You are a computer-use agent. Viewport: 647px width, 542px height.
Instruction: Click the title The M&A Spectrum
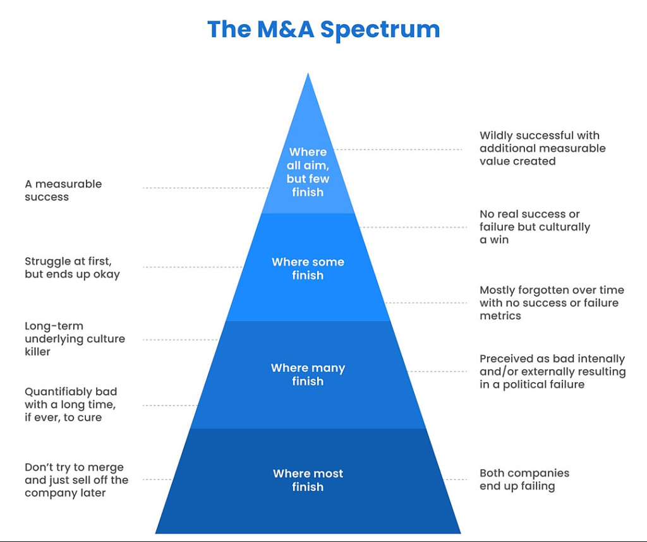point(323,30)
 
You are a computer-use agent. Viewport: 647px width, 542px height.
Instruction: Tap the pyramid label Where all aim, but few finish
point(308,172)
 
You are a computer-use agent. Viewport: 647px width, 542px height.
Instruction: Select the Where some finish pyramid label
point(308,268)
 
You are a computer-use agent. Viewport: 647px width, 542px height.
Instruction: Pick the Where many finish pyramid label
point(308,375)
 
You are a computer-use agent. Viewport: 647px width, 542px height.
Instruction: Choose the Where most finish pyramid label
point(308,480)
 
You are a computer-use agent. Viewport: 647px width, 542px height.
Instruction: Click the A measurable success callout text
point(63,191)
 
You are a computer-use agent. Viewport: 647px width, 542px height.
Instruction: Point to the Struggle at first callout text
point(72,268)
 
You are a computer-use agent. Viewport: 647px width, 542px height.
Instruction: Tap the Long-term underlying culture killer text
point(75,339)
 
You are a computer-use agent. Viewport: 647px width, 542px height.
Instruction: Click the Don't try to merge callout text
point(76,480)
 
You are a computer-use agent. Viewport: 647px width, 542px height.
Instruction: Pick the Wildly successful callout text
point(542,148)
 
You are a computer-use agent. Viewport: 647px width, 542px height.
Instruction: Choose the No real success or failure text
point(535,227)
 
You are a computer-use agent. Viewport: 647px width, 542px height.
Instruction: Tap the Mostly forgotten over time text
point(552,303)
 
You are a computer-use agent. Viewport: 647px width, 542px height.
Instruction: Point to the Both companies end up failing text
point(524,479)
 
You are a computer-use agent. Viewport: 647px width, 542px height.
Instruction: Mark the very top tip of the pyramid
point(308,75)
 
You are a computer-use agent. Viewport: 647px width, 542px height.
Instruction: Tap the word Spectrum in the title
point(379,30)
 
